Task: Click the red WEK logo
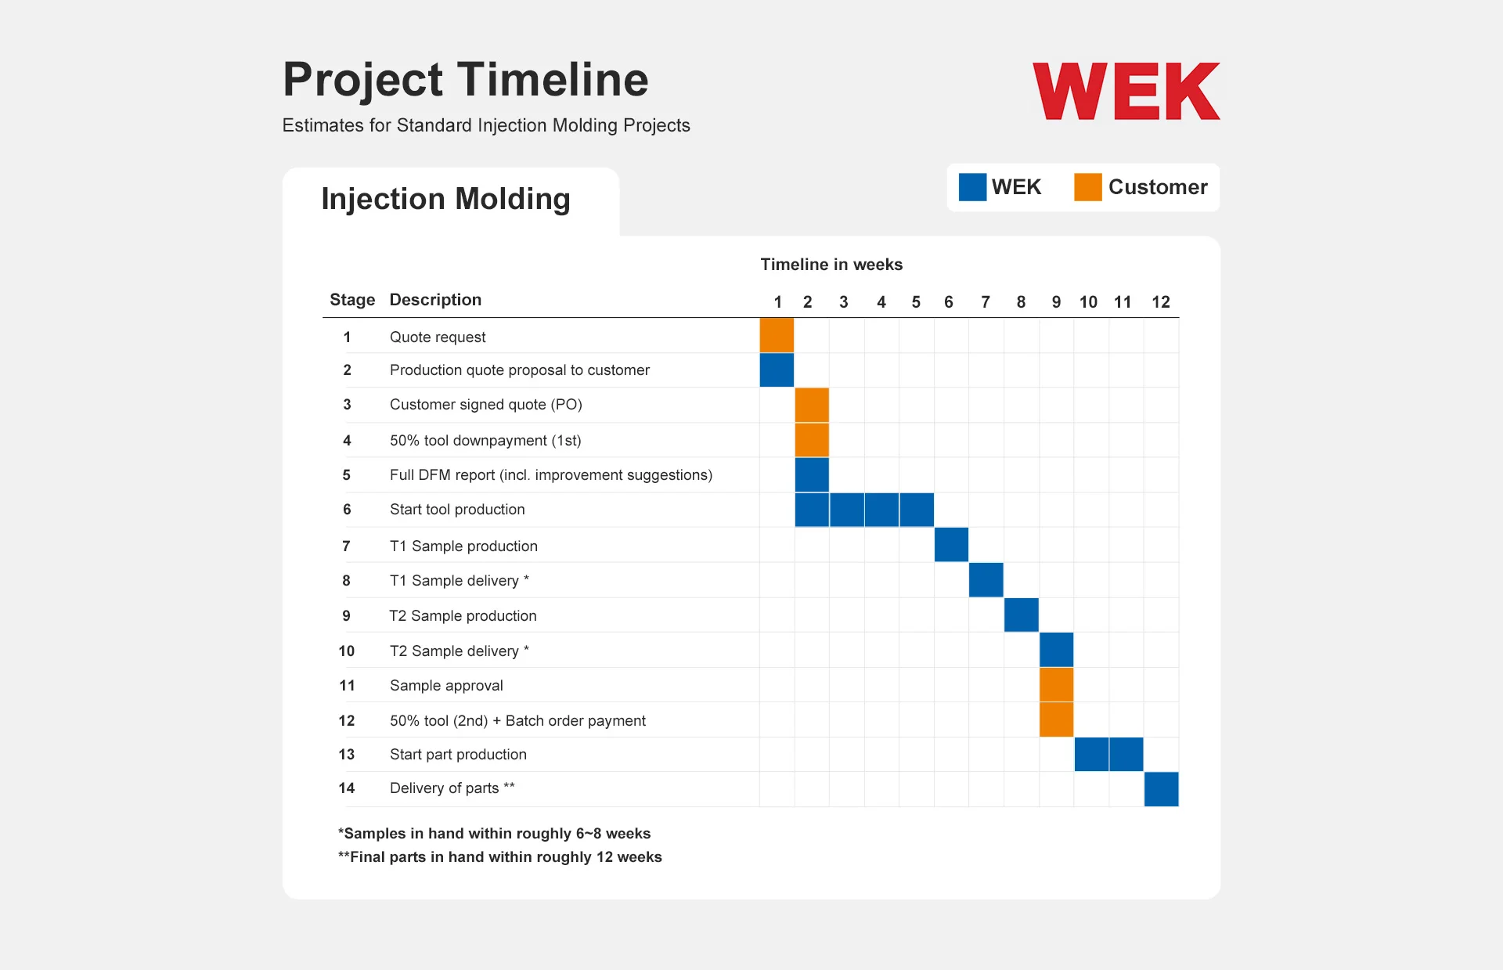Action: [x=1126, y=91]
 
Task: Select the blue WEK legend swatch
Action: [x=972, y=187]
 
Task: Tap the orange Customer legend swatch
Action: [x=1088, y=187]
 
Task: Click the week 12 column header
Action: [x=1161, y=302]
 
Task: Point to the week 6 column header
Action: [x=949, y=302]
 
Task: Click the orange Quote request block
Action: [x=777, y=335]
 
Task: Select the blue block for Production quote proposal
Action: [x=777, y=370]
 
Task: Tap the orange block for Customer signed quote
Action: [x=812, y=405]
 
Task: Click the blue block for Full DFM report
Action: [x=812, y=474]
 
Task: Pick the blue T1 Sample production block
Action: [x=951, y=544]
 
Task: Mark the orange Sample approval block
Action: [x=1056, y=684]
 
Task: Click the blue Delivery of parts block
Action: [x=1162, y=789]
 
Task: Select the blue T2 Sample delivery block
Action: [x=1056, y=650]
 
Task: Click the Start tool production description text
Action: [x=457, y=510]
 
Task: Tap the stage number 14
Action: [x=347, y=788]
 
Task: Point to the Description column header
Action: [x=435, y=300]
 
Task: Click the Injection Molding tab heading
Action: [x=445, y=200]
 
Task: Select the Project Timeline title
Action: [x=466, y=80]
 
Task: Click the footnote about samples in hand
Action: [x=494, y=833]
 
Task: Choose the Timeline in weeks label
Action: [x=831, y=265]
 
